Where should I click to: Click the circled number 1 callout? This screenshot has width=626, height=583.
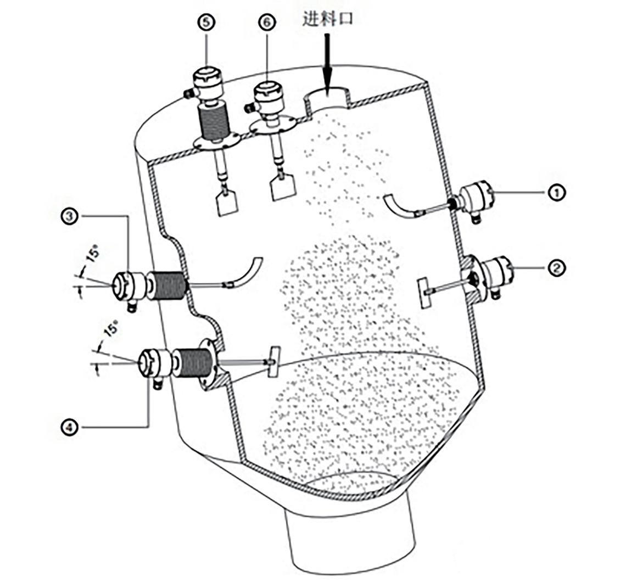(556, 193)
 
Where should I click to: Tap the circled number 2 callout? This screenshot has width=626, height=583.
(556, 267)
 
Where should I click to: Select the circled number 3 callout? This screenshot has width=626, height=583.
(70, 216)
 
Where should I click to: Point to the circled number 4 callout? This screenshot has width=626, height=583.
(70, 427)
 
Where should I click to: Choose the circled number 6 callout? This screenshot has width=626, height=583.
(267, 22)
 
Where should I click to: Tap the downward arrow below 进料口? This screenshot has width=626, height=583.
(327, 64)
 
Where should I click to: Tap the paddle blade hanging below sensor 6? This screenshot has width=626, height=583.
(283, 187)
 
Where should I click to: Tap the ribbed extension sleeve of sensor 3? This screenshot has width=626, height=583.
(167, 285)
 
